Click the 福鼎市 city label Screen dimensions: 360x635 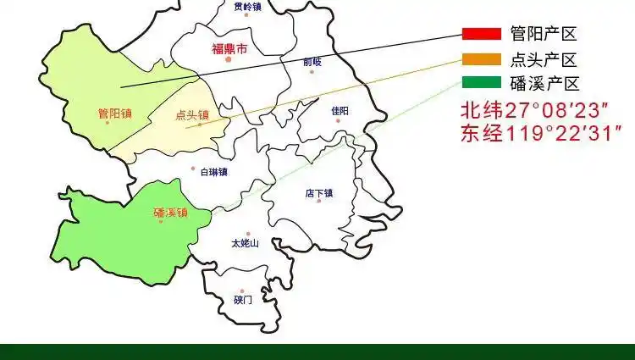(229, 49)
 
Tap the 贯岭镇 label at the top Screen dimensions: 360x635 (247, 7)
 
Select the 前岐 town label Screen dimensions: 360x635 (312, 61)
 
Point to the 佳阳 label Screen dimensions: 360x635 (340, 110)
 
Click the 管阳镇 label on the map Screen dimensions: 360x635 (114, 114)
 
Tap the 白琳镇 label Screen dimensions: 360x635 (213, 172)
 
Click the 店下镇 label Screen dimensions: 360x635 (319, 193)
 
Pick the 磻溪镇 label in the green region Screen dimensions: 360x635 (170, 213)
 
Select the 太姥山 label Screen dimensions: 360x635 (244, 243)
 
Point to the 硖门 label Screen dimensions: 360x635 (243, 299)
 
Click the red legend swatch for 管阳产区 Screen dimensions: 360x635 (482, 35)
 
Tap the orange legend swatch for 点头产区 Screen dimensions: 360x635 (482, 59)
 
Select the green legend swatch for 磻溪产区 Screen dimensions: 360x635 (482, 83)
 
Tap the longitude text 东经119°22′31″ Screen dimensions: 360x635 (541, 134)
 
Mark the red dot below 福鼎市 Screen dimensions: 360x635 (227, 60)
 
